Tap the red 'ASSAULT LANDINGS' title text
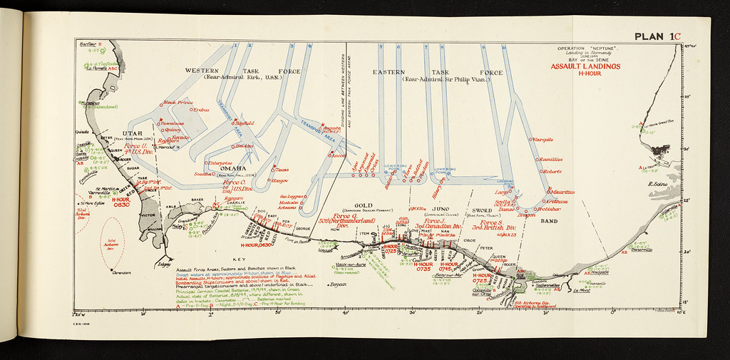pos(585,66)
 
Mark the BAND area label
pos(549,221)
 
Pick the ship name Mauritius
pos(562,192)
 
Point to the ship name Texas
pos(281,170)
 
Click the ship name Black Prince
pos(179,103)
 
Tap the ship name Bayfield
pos(244,123)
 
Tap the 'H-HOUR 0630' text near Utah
pos(120,202)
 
